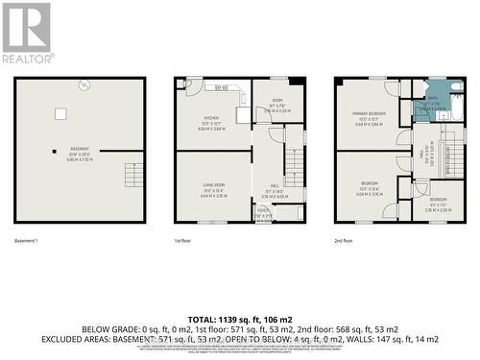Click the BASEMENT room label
[x=79, y=150]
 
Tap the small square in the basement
[x=61, y=113]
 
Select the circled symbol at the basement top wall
[x=84, y=84]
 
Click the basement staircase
[x=132, y=176]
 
